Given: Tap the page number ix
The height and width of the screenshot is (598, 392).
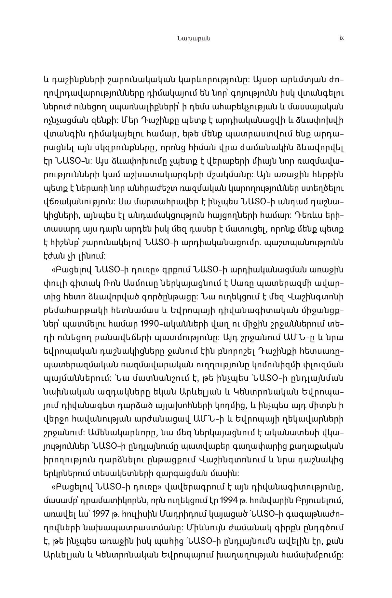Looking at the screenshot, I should pyautogui.click(x=341, y=38).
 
